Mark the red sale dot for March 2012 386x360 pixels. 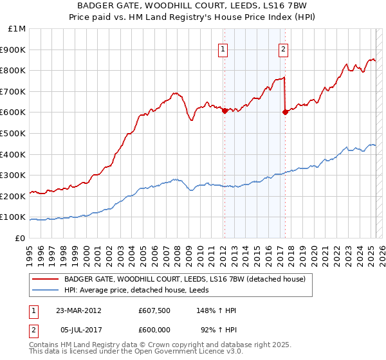(225, 111)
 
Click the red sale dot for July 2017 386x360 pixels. (284, 112)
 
